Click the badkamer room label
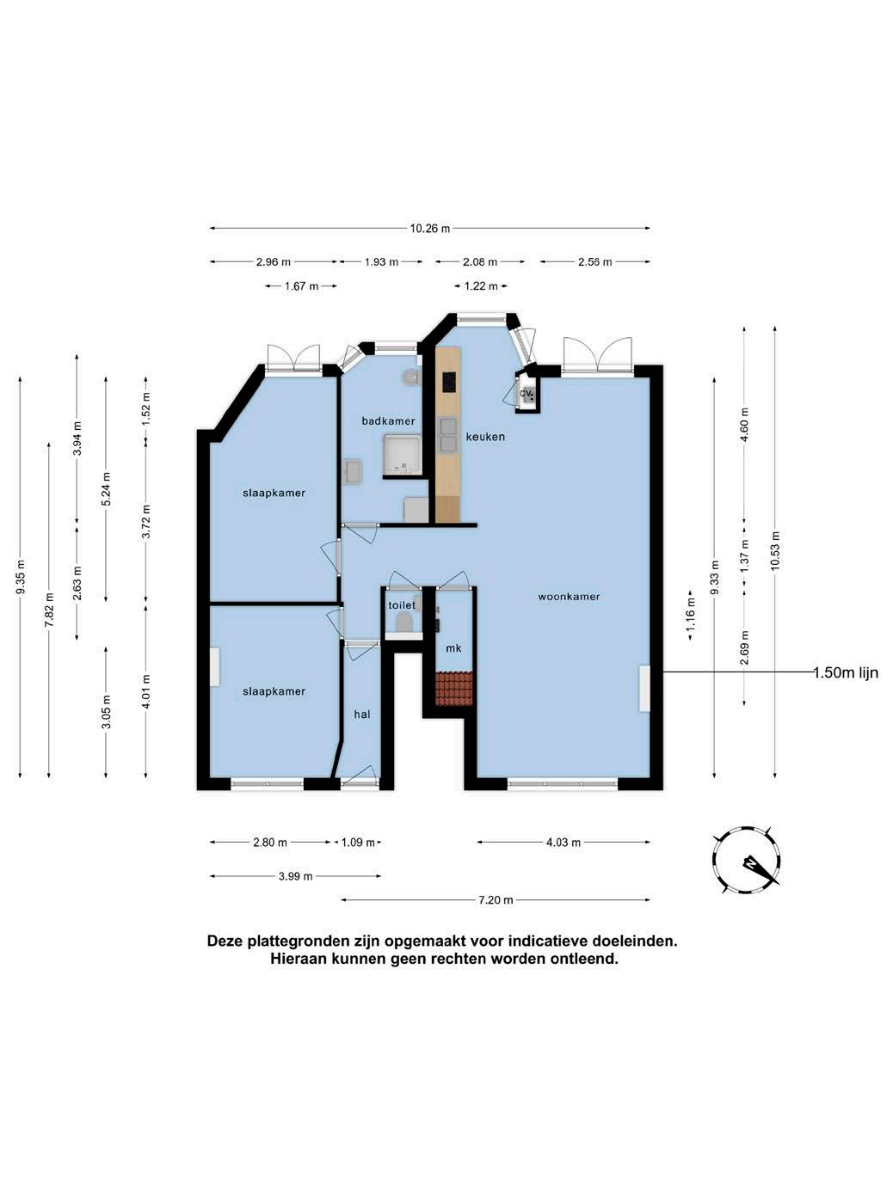(388, 420)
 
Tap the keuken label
(485, 437)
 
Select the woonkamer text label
(569, 597)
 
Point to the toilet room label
(402, 605)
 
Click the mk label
(453, 648)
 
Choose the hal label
(362, 714)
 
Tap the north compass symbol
(747, 861)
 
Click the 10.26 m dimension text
(430, 228)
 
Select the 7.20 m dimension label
(496, 900)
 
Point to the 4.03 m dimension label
(564, 843)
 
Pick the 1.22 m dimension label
(481, 285)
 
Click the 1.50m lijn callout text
(846, 672)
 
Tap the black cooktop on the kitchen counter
(449, 382)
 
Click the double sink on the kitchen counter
(448, 435)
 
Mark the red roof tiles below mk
(454, 689)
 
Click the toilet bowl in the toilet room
(403, 623)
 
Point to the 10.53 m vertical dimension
(775, 550)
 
